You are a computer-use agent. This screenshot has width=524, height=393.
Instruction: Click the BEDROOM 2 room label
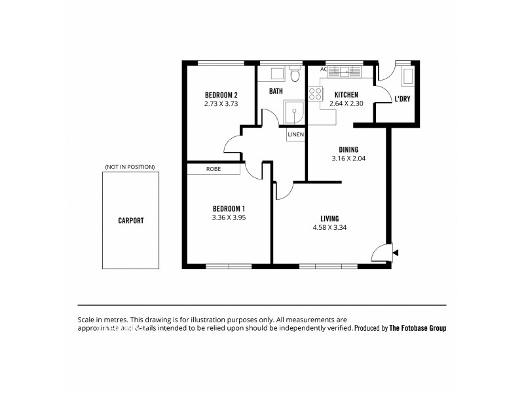pos(221,94)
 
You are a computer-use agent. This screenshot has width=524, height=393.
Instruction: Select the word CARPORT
pos(130,221)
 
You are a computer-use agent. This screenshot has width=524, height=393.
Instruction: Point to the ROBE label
pos(213,169)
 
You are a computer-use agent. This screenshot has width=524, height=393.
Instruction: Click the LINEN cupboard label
pos(296,134)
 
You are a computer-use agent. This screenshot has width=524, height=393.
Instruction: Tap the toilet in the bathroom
pos(295,76)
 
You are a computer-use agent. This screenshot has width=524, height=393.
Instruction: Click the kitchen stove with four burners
pos(315,93)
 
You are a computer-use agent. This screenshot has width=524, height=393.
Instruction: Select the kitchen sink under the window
pos(343,73)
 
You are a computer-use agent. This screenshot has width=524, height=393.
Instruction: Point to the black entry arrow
pos(394,252)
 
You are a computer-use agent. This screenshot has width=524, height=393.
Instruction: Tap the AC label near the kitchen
pos(323,69)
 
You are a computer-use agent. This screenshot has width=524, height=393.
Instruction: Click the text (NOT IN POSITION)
pos(130,167)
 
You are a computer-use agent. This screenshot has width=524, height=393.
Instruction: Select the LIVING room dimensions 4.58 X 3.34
pos(329,228)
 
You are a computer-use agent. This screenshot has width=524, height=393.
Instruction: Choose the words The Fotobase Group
pos(418,328)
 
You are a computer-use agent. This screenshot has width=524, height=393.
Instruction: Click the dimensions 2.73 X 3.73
pos(221,103)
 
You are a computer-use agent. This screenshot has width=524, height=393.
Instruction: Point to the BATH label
pos(275,91)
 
